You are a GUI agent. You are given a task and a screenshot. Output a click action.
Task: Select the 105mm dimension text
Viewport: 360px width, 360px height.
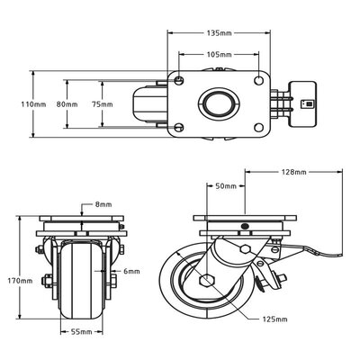[219, 54]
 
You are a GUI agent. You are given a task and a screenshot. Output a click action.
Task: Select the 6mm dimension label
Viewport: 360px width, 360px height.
[132, 270]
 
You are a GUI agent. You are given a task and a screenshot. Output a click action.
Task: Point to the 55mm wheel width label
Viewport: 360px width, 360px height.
[82, 332]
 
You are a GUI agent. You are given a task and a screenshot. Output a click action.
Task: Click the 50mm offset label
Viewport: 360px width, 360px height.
[226, 186]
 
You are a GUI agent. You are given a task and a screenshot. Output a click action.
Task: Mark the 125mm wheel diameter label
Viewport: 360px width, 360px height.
[274, 319]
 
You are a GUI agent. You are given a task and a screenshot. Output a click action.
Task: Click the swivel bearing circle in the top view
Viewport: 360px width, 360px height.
[219, 104]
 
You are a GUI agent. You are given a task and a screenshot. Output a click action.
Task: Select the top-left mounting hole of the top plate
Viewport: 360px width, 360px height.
[181, 82]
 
